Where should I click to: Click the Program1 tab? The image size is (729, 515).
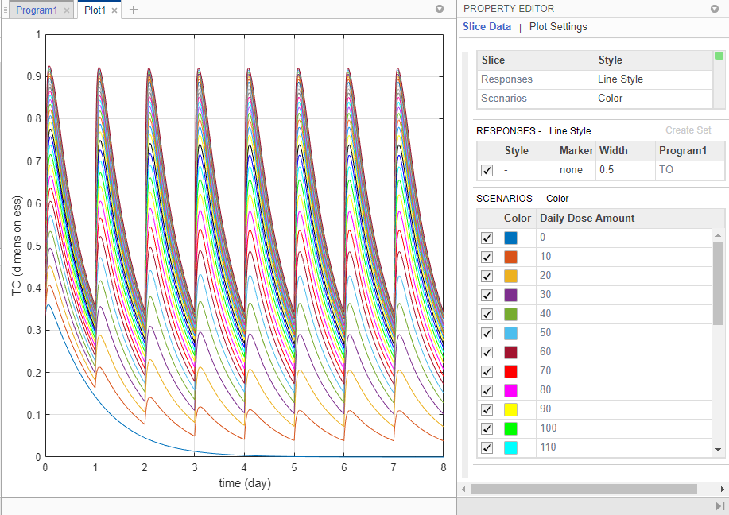(36, 10)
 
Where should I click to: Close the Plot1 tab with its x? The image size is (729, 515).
(114, 10)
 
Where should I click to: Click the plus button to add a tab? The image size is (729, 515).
(133, 10)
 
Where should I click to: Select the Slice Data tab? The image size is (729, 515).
(487, 27)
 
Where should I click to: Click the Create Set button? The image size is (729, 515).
(688, 130)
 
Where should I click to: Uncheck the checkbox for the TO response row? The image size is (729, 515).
(487, 170)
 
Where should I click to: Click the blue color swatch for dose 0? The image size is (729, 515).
(510, 238)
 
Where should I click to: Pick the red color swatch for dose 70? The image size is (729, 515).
(510, 371)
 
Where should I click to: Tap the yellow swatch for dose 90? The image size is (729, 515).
(510, 409)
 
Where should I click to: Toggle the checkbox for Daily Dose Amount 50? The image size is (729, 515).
(487, 333)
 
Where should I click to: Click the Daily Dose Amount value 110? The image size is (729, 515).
(548, 447)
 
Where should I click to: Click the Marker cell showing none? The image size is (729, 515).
(571, 170)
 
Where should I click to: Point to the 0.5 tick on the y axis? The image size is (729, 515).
(33, 246)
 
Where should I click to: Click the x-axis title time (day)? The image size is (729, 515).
(243, 483)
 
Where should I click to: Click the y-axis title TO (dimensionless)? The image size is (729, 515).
(17, 245)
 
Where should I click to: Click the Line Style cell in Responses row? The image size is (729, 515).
(620, 79)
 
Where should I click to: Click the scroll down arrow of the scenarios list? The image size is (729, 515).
(719, 450)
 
